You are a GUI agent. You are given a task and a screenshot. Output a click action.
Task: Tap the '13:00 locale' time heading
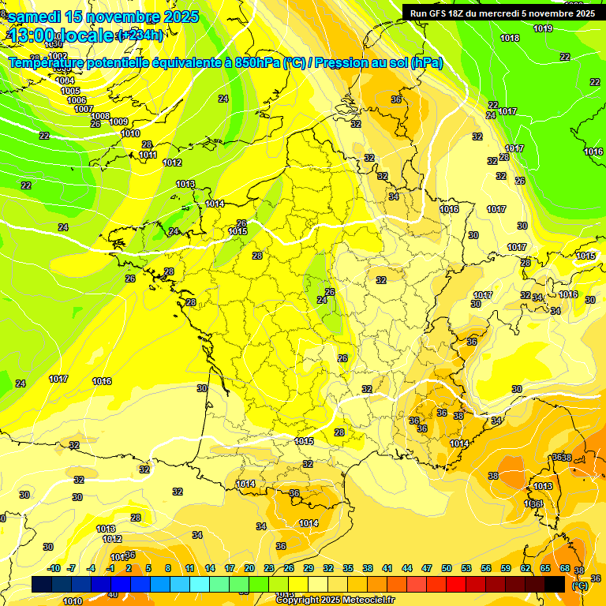(x=62, y=36)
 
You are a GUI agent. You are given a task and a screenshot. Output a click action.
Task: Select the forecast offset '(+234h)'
(x=140, y=36)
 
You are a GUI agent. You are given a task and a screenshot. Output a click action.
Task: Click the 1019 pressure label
(x=542, y=29)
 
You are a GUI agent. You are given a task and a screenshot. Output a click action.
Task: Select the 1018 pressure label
(x=510, y=39)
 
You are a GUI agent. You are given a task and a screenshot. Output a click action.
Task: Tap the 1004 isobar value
(x=65, y=80)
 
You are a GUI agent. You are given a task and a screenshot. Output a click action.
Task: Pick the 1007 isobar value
(x=84, y=110)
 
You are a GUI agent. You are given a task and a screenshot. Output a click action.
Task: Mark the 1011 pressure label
(x=148, y=155)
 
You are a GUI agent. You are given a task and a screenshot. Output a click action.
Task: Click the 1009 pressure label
(x=118, y=122)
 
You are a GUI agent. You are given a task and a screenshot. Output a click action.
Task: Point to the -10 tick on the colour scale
(x=54, y=568)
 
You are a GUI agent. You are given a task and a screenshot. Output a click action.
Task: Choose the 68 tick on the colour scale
(x=565, y=568)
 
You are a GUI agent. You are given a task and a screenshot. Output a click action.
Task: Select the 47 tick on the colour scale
(x=427, y=568)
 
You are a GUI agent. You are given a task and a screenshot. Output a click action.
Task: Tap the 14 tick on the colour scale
(x=210, y=568)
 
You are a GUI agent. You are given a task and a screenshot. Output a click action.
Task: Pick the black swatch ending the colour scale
(x=555, y=584)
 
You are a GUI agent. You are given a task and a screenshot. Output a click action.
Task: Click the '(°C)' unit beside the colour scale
(x=580, y=585)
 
